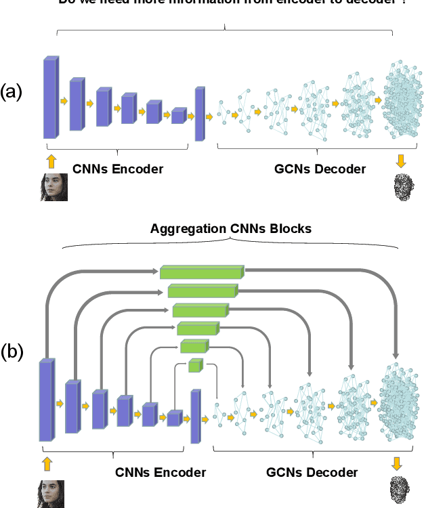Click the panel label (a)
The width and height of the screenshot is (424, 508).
12,91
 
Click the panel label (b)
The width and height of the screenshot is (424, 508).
12,352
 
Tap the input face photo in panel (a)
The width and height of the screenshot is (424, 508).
53,188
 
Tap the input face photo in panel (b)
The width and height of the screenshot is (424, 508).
50,494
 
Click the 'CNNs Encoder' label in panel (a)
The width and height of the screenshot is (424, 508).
118,169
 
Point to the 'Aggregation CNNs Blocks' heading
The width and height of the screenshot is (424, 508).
230,228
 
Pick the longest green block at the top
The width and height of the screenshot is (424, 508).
202,272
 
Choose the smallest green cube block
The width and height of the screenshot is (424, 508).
196,366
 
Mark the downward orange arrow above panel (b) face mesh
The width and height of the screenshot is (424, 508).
396,463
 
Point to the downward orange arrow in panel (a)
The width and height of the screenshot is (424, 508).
401,161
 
